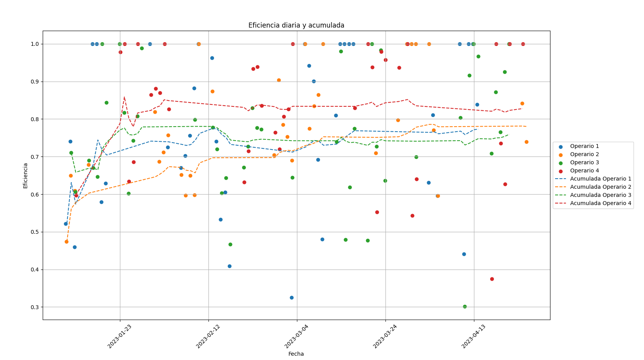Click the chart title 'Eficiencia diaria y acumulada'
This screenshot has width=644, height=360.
pyautogui.click(x=296, y=25)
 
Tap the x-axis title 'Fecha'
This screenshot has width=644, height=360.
pyautogui.click(x=296, y=354)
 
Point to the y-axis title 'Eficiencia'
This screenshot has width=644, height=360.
pyautogui.click(x=26, y=176)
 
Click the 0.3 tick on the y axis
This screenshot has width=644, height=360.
pyautogui.click(x=34, y=307)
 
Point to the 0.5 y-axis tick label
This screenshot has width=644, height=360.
pyautogui.click(x=34, y=232)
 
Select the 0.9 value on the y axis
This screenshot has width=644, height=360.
pyautogui.click(x=34, y=82)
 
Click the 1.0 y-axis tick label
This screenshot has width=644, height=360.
pyautogui.click(x=34, y=44)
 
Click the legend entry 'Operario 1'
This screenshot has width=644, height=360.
pyautogui.click(x=584, y=146)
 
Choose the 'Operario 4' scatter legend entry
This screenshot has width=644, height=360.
pyautogui.click(x=584, y=171)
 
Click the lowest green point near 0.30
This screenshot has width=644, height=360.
pyautogui.click(x=465, y=306)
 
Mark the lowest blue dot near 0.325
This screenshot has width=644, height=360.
pyautogui.click(x=292, y=297)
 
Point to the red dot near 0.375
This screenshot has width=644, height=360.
pyautogui.click(x=492, y=279)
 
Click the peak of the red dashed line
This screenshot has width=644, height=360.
pyautogui.click(x=124, y=97)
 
